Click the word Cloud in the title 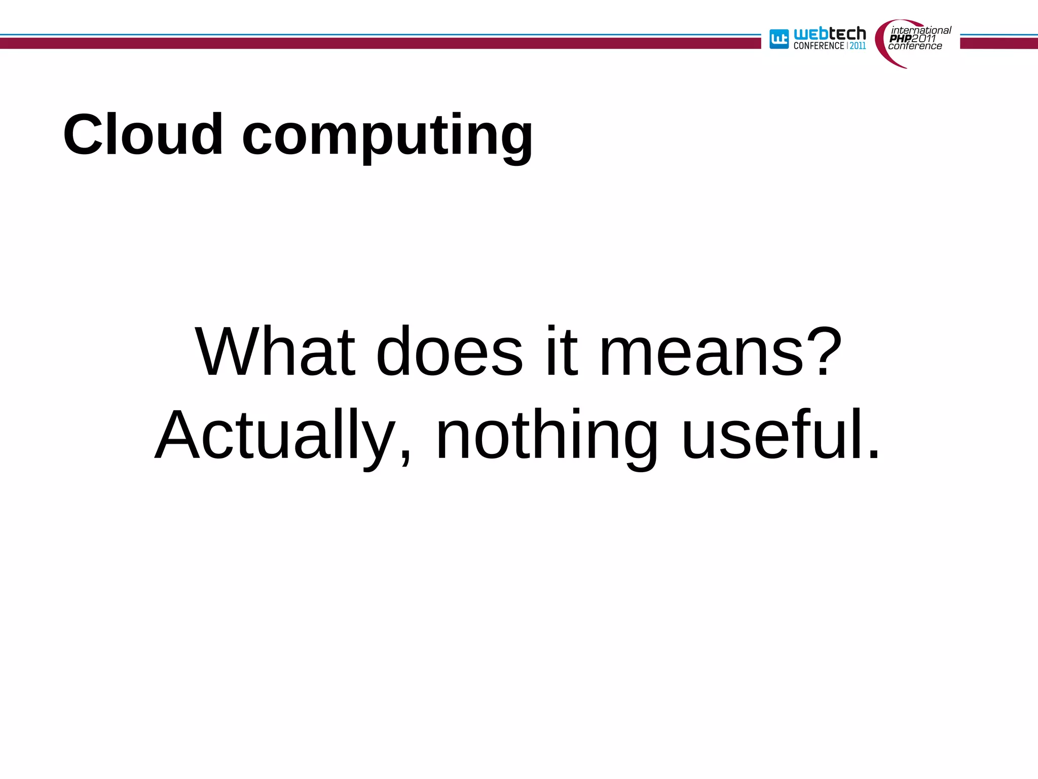tap(143, 135)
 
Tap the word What tap(275, 352)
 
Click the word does tap(449, 352)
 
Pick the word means tap(701, 353)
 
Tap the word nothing tap(546, 436)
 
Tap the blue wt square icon tap(779, 39)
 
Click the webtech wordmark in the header tap(830, 34)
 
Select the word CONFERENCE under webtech tap(819, 46)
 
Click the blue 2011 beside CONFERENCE tap(858, 46)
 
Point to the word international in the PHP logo tap(921, 30)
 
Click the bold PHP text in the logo tap(900, 39)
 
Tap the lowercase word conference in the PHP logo tap(915, 46)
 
